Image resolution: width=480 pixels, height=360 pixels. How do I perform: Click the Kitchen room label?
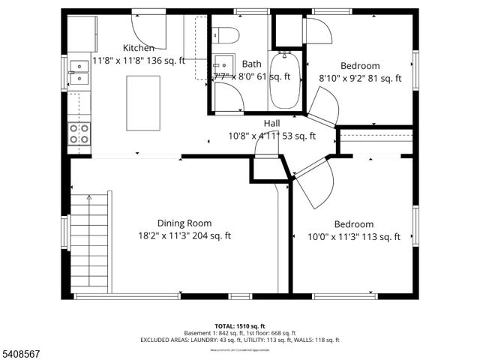point(139,48)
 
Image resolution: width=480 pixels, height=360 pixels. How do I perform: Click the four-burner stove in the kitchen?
point(79,133)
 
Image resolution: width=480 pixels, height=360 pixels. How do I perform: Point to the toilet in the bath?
point(225,34)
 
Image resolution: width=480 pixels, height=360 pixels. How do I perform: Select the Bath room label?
point(251,64)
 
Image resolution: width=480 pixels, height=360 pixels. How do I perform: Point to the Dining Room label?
point(184,223)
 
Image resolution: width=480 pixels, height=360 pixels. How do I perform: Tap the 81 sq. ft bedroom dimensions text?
point(360,78)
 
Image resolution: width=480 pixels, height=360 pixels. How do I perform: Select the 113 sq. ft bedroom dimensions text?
point(353,236)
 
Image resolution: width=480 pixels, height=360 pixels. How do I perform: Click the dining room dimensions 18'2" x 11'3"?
point(184,235)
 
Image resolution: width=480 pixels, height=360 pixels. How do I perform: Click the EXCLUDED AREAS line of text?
point(239,340)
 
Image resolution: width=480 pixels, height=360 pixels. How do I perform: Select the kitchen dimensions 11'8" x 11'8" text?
point(139,60)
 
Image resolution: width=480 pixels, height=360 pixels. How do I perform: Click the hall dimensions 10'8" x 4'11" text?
point(272,136)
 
